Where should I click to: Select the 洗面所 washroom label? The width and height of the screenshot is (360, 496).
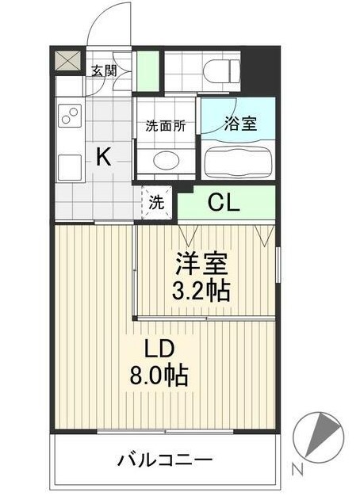[165, 125]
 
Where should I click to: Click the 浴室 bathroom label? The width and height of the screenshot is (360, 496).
[238, 124]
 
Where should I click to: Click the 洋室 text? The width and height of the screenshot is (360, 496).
[201, 262]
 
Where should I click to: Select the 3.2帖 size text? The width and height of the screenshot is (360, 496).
[201, 291]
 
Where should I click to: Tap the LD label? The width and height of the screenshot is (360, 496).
[159, 349]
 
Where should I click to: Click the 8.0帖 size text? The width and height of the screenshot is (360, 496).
[159, 376]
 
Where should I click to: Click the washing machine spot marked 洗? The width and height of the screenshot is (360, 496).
[156, 202]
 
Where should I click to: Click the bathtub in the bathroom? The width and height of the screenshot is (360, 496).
[239, 162]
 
